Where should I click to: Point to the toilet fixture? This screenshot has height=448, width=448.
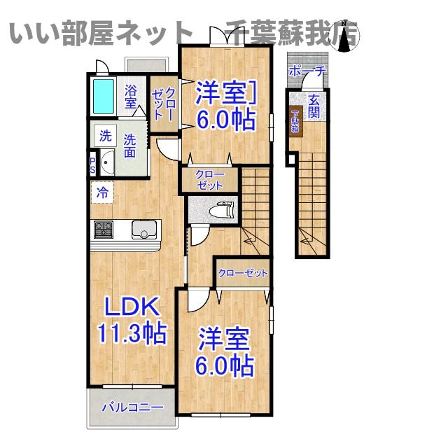click(x=223, y=209)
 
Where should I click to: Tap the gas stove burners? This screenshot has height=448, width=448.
click(x=104, y=228)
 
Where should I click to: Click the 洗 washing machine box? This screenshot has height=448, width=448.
click(x=104, y=134)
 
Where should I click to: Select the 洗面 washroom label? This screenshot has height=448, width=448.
click(x=131, y=145)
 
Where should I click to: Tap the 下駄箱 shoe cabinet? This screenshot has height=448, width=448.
click(x=295, y=120)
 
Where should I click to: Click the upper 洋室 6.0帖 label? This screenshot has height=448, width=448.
click(x=224, y=105)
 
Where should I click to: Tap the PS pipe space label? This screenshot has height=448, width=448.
click(x=92, y=165)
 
